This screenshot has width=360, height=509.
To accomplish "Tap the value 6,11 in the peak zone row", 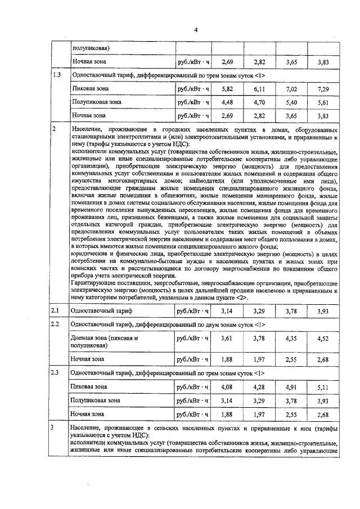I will tap(259, 89).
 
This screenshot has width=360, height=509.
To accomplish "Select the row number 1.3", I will tap(56, 75).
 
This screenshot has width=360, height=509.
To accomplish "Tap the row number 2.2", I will tap(56, 325).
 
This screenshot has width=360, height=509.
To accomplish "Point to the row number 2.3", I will tap(56, 373).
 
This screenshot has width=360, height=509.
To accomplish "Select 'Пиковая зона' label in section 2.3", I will tap(89, 387).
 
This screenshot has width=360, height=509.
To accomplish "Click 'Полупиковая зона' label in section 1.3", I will tap(96, 102).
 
